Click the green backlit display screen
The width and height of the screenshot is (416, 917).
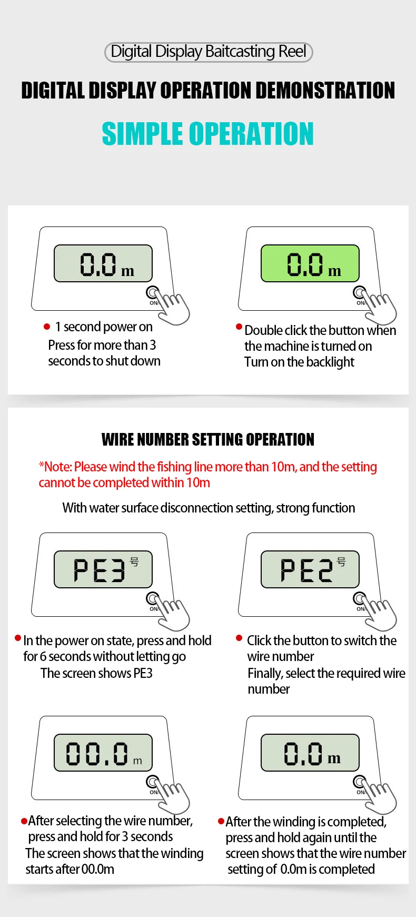pos(310,263)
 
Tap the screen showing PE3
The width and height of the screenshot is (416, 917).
pos(103,569)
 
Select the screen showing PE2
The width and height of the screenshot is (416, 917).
pos(310,569)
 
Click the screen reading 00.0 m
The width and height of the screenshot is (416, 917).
pos(103,753)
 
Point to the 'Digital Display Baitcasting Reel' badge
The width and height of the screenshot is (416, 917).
pos(209,52)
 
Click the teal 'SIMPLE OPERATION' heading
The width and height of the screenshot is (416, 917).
pos(208,134)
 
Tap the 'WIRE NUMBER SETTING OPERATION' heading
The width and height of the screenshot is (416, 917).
pos(208,439)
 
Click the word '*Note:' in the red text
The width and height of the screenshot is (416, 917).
pos(55,467)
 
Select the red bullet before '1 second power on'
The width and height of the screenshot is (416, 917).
pos(47,327)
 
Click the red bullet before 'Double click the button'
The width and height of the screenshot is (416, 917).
pos(239,327)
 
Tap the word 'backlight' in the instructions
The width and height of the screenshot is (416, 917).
pos(330,362)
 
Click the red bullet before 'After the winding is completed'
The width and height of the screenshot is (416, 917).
pos(221,821)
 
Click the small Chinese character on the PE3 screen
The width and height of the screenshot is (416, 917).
pos(135,562)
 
